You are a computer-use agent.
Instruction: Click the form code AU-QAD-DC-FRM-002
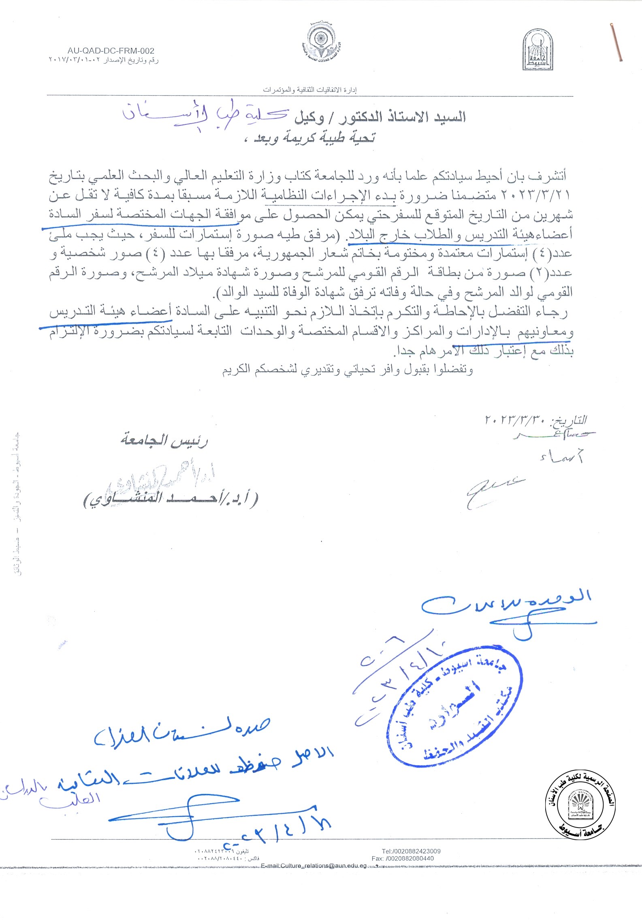pyautogui.click(x=111, y=51)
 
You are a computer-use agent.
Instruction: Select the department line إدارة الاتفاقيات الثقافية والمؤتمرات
pyautogui.click(x=310, y=90)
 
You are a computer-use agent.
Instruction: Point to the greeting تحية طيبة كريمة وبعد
pyautogui.click(x=314, y=138)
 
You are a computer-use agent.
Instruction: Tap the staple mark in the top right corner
pyautogui.click(x=616, y=43)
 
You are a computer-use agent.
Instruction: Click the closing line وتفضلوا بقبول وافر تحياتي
pyautogui.click(x=347, y=370)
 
